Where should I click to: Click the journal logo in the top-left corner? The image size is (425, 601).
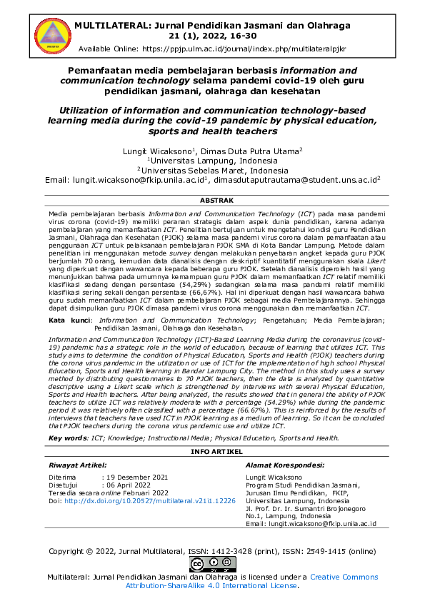pos(41,36)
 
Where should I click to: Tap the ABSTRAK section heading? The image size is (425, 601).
pos(212,202)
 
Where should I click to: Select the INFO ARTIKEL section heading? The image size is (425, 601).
pos(212,452)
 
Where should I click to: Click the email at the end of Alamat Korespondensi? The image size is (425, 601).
pos(321,524)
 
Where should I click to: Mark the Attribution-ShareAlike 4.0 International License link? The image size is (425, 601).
pos(211,585)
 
